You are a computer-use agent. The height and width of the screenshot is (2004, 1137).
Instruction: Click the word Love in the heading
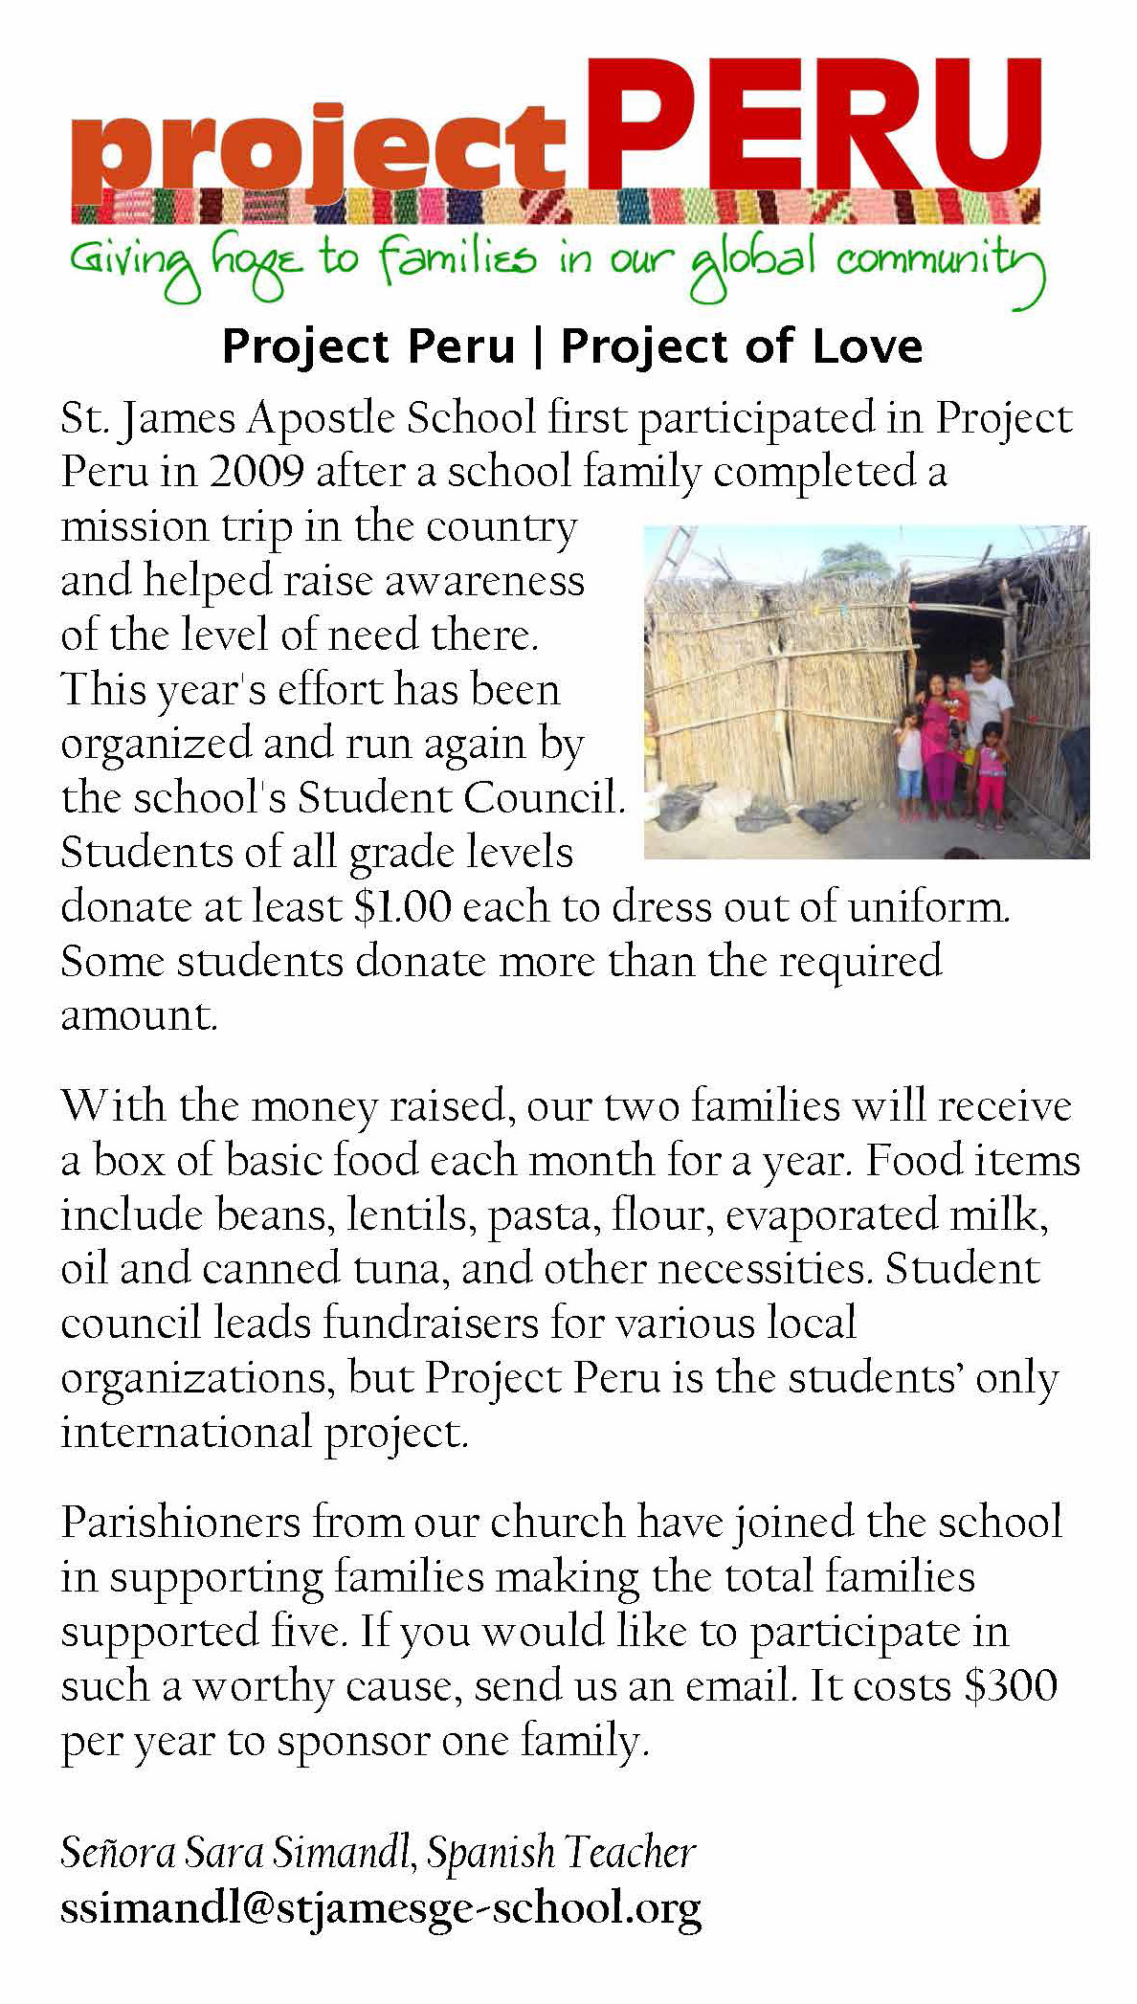[867, 346]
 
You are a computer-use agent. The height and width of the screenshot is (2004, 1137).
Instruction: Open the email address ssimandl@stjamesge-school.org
[381, 1907]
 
